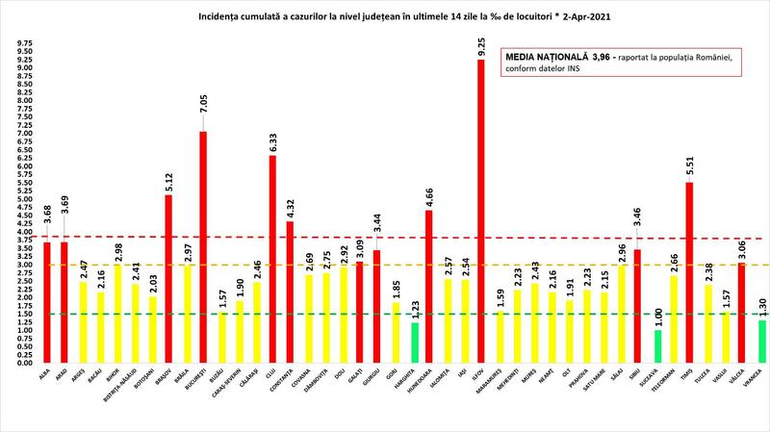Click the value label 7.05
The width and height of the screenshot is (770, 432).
[x=203, y=114]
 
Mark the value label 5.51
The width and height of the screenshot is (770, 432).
[x=688, y=165]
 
